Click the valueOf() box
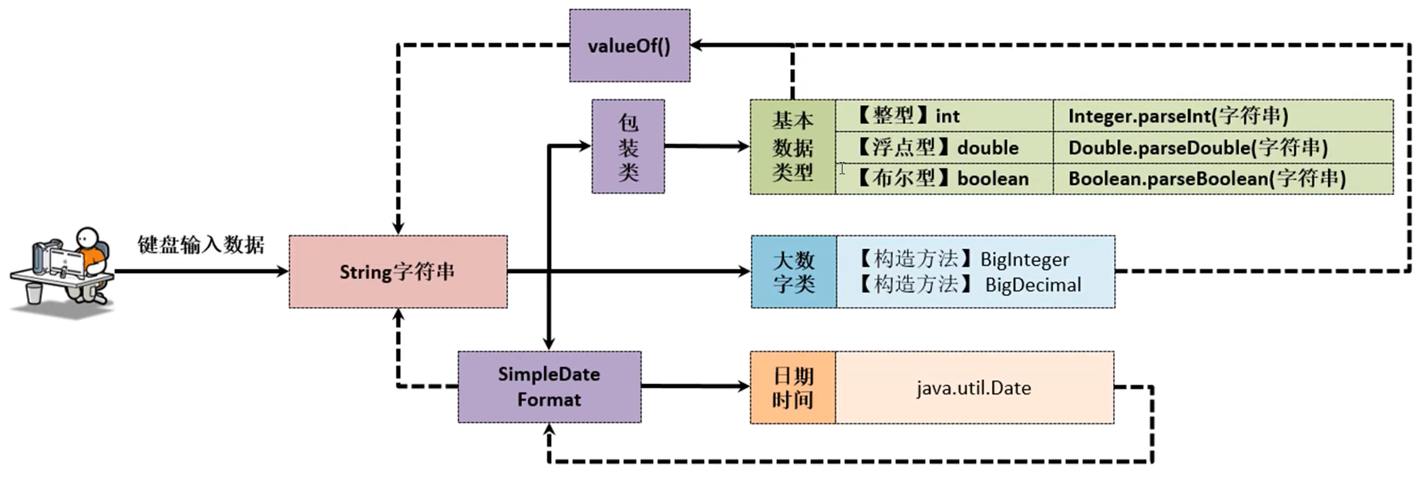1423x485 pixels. tap(629, 45)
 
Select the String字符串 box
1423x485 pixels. tap(398, 271)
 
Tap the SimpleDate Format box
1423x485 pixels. tap(549, 386)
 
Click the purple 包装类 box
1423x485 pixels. tap(627, 146)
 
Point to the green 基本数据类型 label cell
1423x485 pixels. tap(792, 147)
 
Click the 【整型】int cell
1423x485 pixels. tap(944, 116)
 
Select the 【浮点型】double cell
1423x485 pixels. tap(944, 147)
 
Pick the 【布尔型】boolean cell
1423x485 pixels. tap(944, 178)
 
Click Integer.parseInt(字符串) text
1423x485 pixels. tap(1178, 116)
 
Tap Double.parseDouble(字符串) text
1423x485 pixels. tap(1197, 147)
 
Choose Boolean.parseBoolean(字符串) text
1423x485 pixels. tap(1206, 178)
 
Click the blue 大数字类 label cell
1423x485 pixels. tap(793, 271)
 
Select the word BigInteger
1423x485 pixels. tap(1024, 260)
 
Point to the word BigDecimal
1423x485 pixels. tap(1033, 285)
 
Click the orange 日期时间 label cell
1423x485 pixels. tap(792, 387)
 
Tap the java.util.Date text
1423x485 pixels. tap(974, 388)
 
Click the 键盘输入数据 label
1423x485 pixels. tap(200, 244)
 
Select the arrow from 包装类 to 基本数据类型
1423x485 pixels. tap(706, 146)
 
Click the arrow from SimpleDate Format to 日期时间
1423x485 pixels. tap(694, 386)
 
